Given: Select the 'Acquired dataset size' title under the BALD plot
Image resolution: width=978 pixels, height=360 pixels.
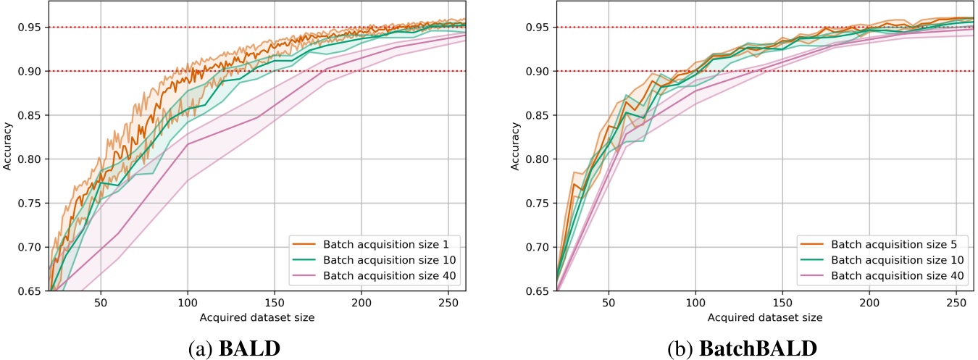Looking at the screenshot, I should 257,317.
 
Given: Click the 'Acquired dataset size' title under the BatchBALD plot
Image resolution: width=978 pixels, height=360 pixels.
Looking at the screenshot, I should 765,317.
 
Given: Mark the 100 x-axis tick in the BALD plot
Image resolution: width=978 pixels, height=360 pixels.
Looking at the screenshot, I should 188,301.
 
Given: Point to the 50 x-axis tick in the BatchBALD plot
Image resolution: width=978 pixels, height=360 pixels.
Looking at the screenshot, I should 609,301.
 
